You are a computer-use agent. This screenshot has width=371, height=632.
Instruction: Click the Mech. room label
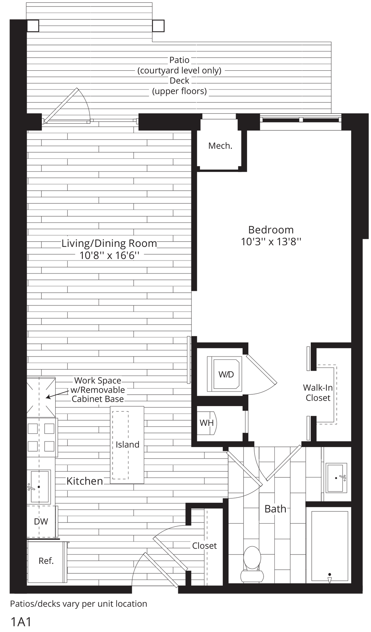pyautogui.click(x=220, y=146)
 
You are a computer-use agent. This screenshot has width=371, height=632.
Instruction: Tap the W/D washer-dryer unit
pyautogui.click(x=226, y=374)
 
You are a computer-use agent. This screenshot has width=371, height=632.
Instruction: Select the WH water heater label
pyautogui.click(x=206, y=422)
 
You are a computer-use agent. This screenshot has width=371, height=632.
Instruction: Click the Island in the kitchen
pyautogui.click(x=127, y=444)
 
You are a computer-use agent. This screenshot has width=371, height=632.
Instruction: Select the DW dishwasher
pyautogui.click(x=41, y=522)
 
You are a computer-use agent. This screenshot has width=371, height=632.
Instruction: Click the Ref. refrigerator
pyautogui.click(x=46, y=560)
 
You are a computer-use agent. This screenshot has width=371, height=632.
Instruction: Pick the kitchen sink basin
pyautogui.click(x=40, y=487)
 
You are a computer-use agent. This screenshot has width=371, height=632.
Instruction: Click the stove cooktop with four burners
pyautogui.click(x=41, y=437)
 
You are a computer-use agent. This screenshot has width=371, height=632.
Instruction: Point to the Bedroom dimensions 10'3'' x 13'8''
pyautogui.click(x=271, y=242)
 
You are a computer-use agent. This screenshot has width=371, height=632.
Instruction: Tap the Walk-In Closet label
pyautogui.click(x=318, y=393)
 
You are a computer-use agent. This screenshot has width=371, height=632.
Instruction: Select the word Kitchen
pyautogui.click(x=85, y=481)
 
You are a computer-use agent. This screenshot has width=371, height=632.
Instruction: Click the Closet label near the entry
pyautogui.click(x=204, y=546)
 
